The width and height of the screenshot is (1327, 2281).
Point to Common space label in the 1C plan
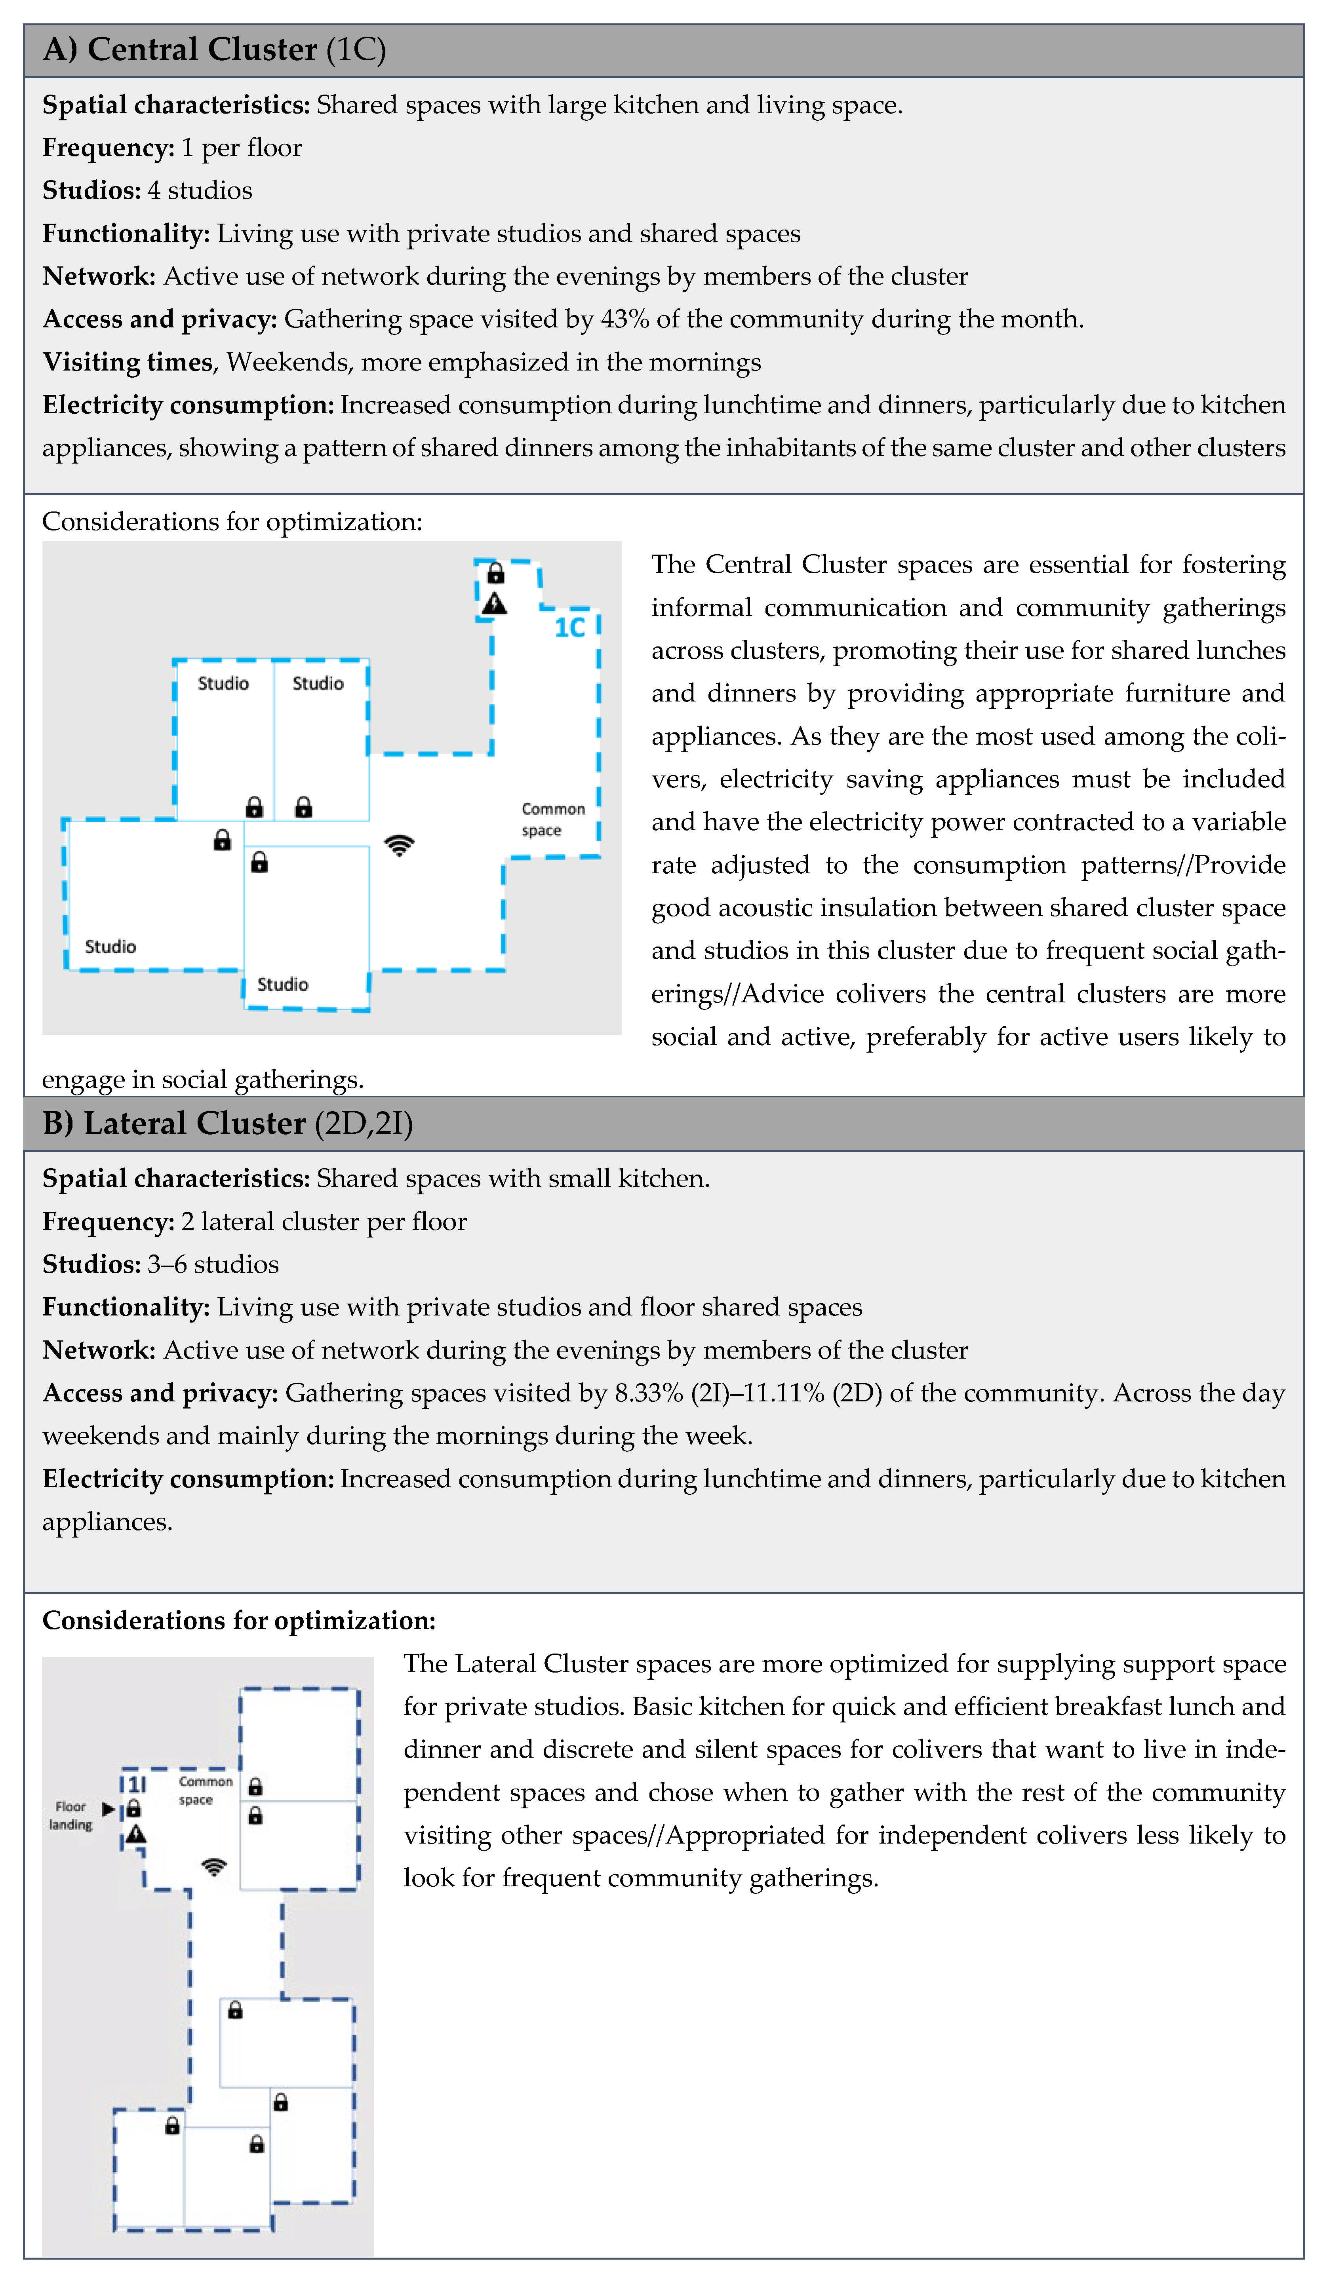click(553, 819)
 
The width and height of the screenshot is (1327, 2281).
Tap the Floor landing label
click(70, 1815)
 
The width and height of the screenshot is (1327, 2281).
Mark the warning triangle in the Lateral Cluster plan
click(136, 1835)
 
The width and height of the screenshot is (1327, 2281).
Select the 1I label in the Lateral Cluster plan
click(135, 1784)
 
